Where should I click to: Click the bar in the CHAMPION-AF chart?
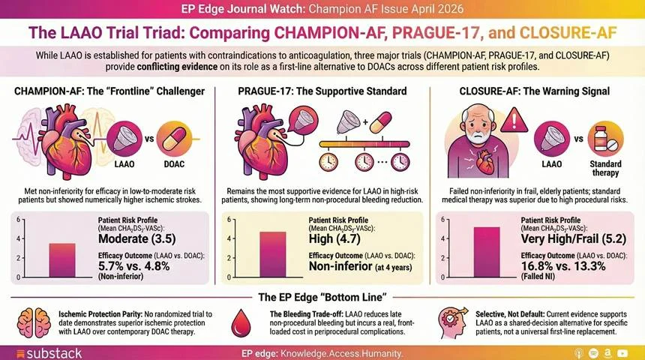coord(62,260)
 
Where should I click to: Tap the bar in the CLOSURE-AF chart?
coord(486,252)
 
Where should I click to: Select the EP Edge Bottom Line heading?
coord(322,297)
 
